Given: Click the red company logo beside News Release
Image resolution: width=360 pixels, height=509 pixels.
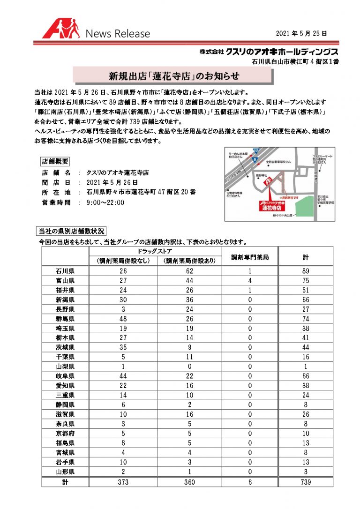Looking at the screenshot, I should click(60, 30).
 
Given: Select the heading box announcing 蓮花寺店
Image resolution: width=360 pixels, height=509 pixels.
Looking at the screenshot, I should click(174, 75).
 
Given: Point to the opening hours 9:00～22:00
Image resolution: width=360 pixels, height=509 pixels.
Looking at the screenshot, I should click(105, 203).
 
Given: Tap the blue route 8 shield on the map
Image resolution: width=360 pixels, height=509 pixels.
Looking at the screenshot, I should click(255, 161).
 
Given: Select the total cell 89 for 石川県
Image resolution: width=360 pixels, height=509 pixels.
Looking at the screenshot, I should click(305, 270).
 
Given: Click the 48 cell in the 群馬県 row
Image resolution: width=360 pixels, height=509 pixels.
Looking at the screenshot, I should click(122, 318).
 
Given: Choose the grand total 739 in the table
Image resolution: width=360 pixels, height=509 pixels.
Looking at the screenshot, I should click(305, 482).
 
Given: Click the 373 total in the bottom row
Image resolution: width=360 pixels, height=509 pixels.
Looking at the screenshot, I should click(122, 482).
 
